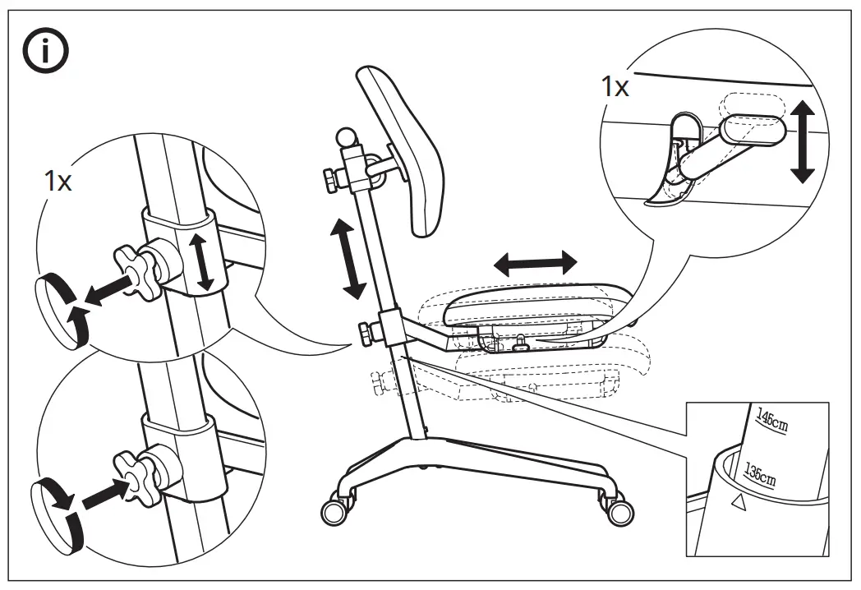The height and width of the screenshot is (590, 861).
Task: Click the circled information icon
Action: [x=45, y=52]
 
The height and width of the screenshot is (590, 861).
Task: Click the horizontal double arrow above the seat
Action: [x=536, y=264]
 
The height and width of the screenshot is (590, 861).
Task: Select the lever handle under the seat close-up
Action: [x=749, y=130]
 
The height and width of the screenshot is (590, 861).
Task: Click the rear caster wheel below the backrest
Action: [x=334, y=512]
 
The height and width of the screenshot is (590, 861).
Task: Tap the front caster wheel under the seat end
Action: [x=619, y=513]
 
